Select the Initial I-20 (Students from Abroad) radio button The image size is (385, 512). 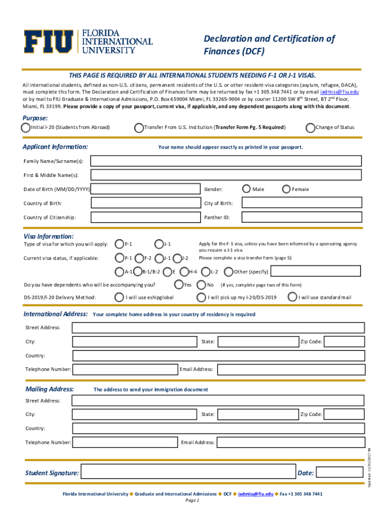[26, 127]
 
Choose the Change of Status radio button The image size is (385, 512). [311, 127]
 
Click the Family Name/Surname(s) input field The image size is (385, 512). [226, 161]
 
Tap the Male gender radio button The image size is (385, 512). [246, 189]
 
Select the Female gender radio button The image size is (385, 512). [286, 189]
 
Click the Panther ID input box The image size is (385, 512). [301, 217]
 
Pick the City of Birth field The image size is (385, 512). [301, 203]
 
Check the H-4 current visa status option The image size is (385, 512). [184, 272]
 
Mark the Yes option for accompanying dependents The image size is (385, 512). [179, 285]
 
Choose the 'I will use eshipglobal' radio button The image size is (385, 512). [119, 297]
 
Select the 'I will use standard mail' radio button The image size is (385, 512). [292, 297]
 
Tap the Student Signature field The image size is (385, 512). [187, 472]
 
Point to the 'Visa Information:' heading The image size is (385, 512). [48, 236]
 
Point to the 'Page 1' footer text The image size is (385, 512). [192, 500]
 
